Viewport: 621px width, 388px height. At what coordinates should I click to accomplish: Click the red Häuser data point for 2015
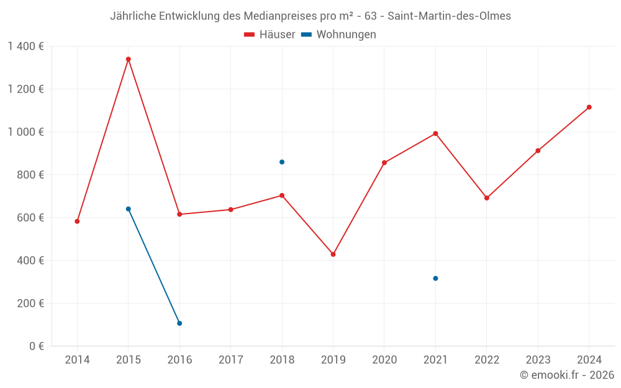129,60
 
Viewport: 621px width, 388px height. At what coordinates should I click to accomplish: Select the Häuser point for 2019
333,255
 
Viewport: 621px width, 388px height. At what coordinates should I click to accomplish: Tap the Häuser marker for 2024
589,107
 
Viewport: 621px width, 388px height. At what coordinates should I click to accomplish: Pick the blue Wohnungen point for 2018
282,162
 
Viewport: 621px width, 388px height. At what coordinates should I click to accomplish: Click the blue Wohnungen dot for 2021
435,278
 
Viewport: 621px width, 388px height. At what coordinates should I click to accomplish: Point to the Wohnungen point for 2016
179,323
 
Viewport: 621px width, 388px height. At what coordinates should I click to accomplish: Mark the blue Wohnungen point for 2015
129,209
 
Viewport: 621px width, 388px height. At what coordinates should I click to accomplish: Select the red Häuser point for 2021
435,133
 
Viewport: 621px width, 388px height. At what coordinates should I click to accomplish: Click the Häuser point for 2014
77,222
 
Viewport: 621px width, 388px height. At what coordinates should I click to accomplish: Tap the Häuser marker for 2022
487,198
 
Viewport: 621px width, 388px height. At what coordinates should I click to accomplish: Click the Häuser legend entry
270,35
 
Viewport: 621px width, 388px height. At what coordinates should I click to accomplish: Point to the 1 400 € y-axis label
25,46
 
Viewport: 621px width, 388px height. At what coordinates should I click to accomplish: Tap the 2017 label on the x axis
230,360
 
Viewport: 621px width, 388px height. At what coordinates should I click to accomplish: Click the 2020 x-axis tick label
384,360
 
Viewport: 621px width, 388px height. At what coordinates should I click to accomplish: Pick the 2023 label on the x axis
538,360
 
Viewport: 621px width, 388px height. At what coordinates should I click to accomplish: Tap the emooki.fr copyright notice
566,375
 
